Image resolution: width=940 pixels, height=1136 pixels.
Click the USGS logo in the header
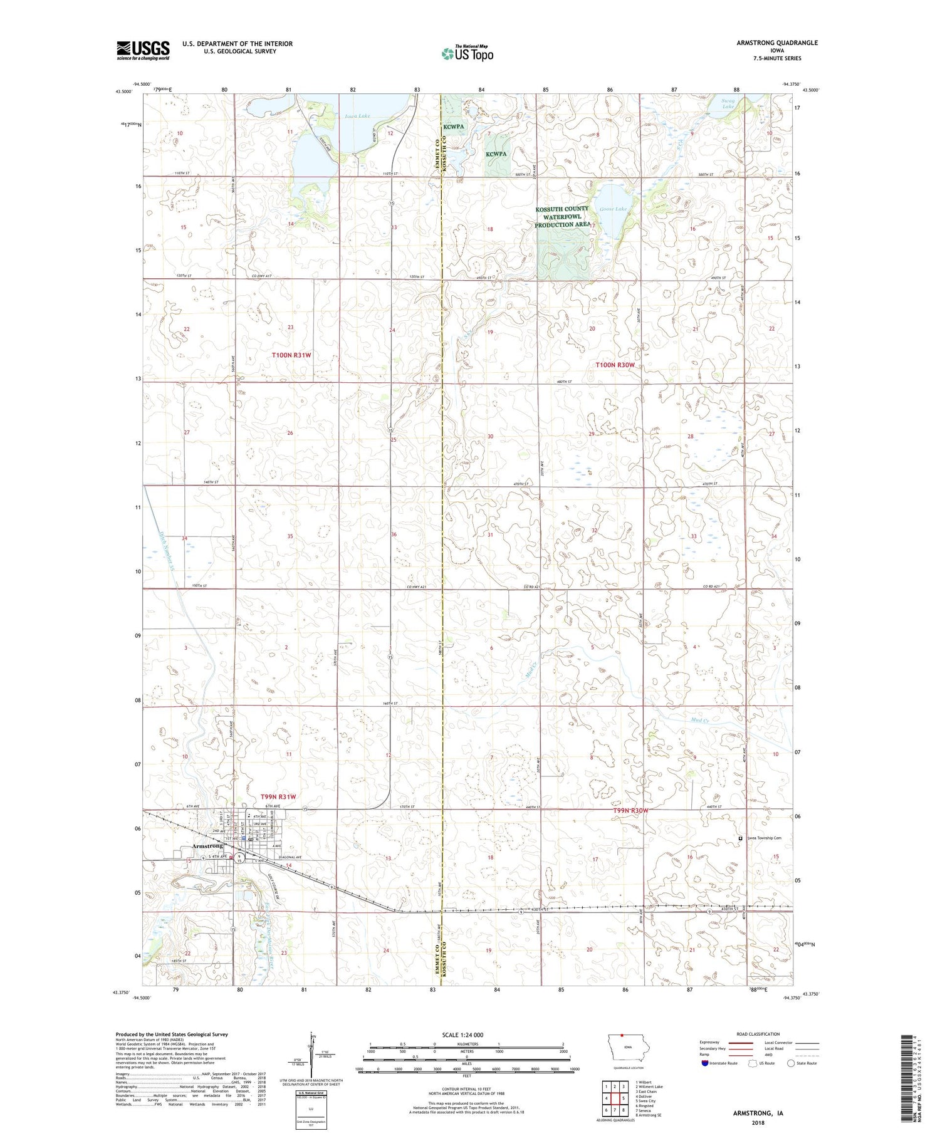[x=143, y=50]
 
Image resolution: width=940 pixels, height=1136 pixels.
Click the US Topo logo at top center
[x=467, y=54]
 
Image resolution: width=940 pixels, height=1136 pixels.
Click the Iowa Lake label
[x=357, y=117]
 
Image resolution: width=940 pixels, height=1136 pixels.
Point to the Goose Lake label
[x=612, y=209]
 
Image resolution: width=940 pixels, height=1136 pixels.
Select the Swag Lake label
[x=728, y=103]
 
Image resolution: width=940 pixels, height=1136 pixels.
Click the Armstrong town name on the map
[x=207, y=847]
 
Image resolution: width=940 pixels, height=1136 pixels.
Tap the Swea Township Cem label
[x=764, y=838]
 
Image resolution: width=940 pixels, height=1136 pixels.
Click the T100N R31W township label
[x=291, y=355]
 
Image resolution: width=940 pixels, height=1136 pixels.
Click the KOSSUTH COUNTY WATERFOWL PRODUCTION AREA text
[x=561, y=217]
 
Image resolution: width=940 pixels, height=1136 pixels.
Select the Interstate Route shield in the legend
[x=705, y=1063]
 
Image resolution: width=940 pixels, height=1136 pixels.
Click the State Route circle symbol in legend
[x=791, y=1063]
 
